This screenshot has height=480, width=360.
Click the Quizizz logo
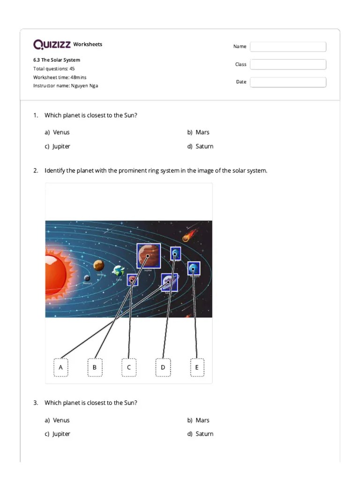pos(52,45)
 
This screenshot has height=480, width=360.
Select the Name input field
pos(288,47)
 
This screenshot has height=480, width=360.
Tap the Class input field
pos(288,65)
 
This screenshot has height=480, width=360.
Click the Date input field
pos(288,82)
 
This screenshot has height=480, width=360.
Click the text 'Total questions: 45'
pos(53,68)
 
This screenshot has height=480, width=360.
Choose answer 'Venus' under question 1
pos(61,132)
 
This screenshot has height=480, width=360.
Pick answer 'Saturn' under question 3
pos(204,434)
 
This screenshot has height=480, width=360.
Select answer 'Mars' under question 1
pos(202,132)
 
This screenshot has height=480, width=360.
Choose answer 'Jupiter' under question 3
pos(61,434)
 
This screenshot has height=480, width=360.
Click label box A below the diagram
pos(60,367)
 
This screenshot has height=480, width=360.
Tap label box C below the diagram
pos(129,367)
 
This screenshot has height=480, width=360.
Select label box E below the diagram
pos(197,367)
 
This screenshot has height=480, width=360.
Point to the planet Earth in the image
pos(119,271)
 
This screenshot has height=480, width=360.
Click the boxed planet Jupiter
pos(148,256)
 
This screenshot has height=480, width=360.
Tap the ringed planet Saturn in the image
pos(169,282)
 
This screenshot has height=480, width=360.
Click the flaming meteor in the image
pos(186,238)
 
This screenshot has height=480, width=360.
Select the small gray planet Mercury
pos(87,278)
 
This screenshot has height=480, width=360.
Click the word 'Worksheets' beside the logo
pos(88,45)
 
